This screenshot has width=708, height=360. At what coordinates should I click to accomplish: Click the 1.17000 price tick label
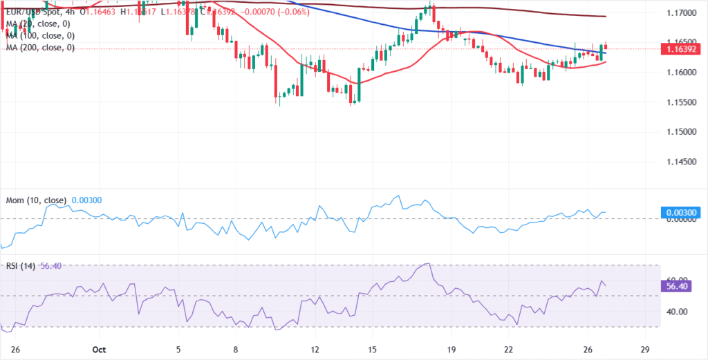(682, 13)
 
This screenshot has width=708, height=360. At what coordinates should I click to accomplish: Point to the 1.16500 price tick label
(682, 42)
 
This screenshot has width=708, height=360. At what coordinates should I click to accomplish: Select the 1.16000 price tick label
(682, 72)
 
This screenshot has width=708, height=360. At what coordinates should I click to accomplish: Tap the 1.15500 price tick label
(682, 102)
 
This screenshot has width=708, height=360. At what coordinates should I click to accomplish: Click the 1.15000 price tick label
(682, 131)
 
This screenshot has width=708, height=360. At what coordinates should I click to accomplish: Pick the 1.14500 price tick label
(682, 161)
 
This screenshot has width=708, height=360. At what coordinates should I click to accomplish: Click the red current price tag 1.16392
(682, 49)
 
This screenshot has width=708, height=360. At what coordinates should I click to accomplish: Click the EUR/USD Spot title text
(31, 12)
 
